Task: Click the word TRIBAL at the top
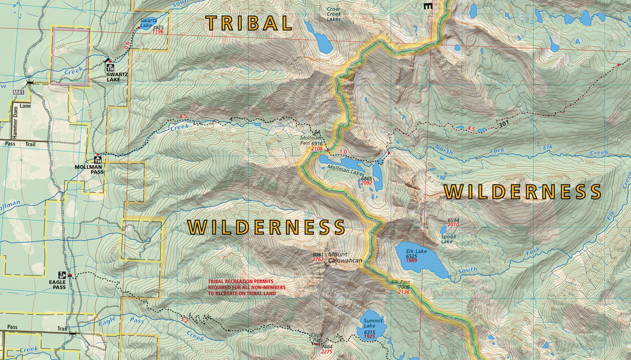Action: click(x=249, y=23)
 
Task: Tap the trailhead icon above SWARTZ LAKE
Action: click(x=110, y=68)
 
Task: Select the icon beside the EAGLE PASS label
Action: click(x=62, y=275)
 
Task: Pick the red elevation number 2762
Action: click(x=318, y=260)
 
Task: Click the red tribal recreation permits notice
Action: click(x=246, y=287)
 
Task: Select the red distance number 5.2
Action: click(x=184, y=320)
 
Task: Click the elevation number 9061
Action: click(x=318, y=254)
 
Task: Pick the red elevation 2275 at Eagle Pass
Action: click(x=327, y=352)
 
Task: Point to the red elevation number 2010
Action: click(x=453, y=225)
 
